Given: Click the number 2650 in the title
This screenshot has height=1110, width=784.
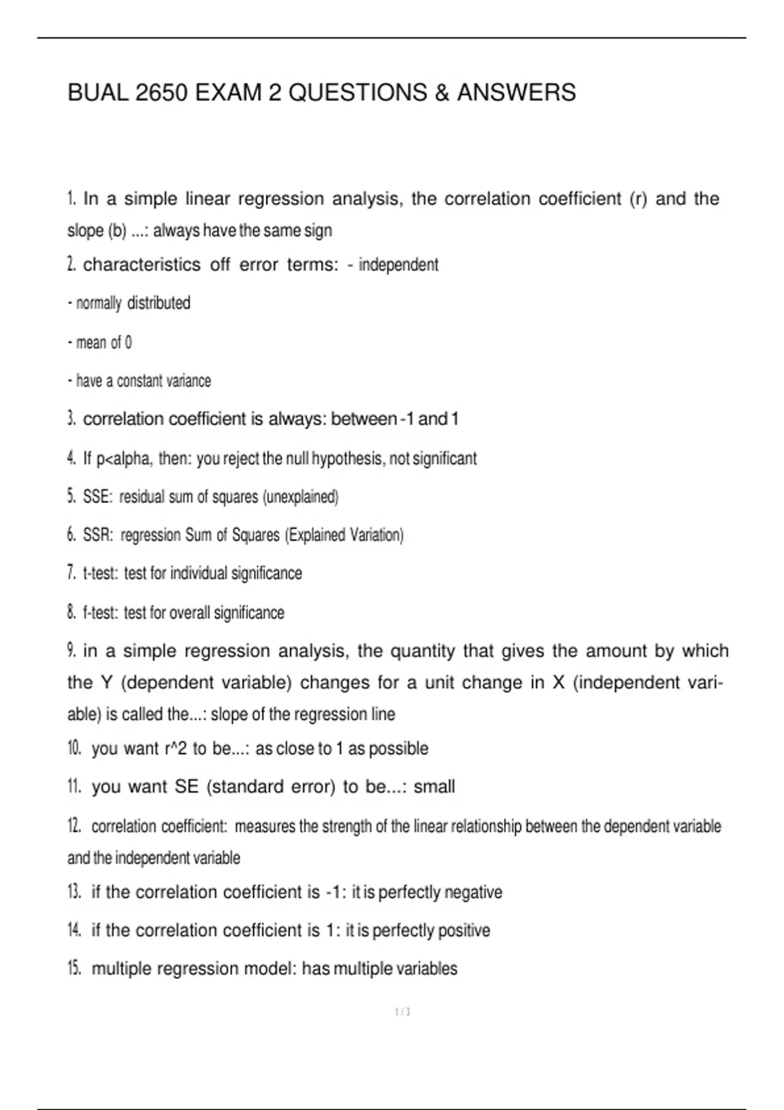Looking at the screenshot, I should pos(162,93).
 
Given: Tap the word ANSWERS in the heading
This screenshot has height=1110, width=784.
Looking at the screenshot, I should pos(516,93).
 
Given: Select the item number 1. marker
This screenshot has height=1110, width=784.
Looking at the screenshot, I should pos(72,198).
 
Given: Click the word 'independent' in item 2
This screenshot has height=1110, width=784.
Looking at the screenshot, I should pos(399,265).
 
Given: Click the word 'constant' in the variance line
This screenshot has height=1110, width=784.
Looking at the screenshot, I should pos(140,381).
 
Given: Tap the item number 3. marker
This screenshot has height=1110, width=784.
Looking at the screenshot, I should pos(72,419).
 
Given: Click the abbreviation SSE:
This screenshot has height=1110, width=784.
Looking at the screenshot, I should pos(97,498).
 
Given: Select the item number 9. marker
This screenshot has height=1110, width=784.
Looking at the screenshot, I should pos(72,651).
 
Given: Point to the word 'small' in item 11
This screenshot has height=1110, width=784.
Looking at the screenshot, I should pos(434,787).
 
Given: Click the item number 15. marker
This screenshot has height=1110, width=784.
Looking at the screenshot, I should pos(74,968).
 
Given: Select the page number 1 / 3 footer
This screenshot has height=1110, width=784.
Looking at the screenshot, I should pos(402,1012).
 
